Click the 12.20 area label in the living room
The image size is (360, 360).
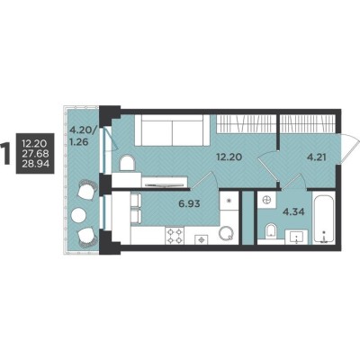tap(229, 157)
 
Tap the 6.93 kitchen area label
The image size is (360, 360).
tap(189, 204)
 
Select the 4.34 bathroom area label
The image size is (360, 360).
tap(294, 212)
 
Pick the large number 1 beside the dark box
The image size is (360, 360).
tap(5, 153)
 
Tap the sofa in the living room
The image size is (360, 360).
tap(172, 130)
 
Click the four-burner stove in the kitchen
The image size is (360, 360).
tap(175, 236)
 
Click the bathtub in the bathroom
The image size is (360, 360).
tap(324, 218)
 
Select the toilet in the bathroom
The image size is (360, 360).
tap(271, 232)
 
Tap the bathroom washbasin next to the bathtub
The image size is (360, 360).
tap(296, 237)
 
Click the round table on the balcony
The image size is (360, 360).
tap(79, 214)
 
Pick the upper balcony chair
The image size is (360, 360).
tap(86, 189)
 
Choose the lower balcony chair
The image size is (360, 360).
tap(87, 237)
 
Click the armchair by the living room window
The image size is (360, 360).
tap(128, 164)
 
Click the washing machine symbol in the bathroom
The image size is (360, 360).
tap(267, 200)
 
